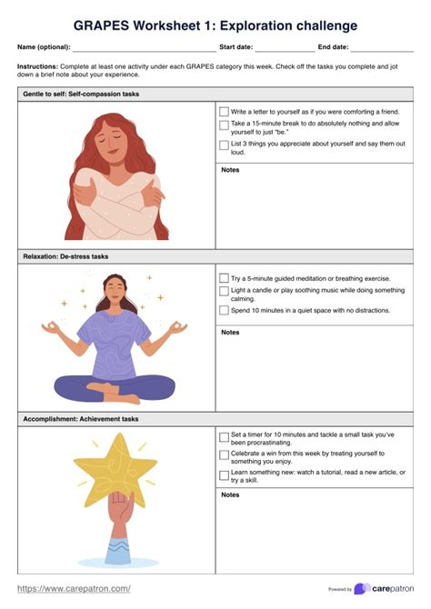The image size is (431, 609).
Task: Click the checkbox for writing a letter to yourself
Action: tap(224, 112)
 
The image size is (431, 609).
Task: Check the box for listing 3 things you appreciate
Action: tap(224, 145)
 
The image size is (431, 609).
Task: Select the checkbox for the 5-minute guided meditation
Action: tap(224, 278)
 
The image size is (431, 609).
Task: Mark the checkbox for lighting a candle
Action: tap(224, 291)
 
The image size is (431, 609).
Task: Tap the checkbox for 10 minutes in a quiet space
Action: tap(224, 311)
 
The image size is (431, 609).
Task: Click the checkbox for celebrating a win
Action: tap(224, 454)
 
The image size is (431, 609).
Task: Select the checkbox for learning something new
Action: tap(224, 474)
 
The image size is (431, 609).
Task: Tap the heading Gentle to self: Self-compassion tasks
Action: tap(80, 95)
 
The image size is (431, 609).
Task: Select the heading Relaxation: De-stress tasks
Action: tap(65, 257)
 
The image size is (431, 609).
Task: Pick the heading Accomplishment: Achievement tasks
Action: tap(81, 419)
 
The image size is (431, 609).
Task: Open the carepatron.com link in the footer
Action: tap(74, 589)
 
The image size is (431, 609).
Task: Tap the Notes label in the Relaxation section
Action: tap(230, 333)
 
